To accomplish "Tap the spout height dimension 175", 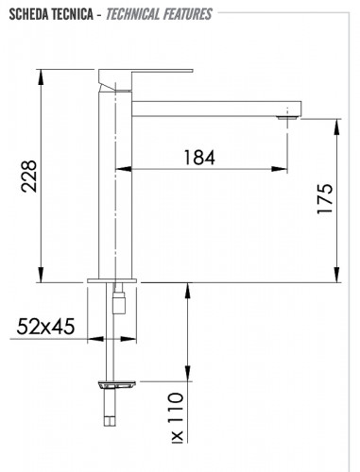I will [x=326, y=201].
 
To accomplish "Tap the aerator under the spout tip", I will [x=285, y=117].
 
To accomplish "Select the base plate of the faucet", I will [x=114, y=280].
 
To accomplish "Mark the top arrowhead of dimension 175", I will [x=339, y=120].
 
